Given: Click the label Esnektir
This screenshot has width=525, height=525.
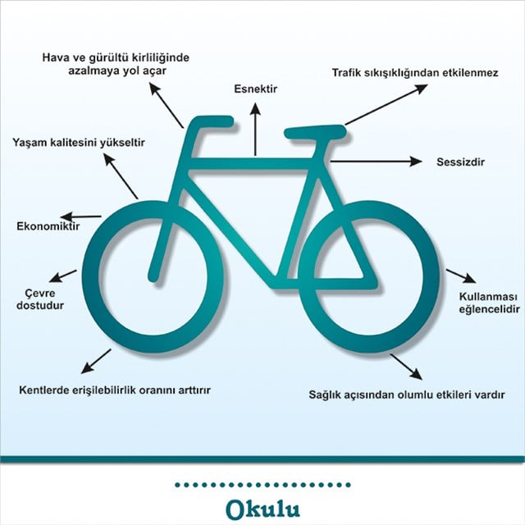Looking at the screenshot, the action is [255, 89].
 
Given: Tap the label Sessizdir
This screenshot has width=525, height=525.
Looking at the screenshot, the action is [460, 162].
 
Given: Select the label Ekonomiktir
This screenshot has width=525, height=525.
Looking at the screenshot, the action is [48, 226].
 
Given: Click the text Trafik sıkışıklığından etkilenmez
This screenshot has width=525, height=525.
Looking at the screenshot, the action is [415, 73].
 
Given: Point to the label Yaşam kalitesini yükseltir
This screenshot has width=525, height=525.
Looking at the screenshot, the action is [79, 143].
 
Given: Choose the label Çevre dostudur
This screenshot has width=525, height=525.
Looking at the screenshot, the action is [40, 299].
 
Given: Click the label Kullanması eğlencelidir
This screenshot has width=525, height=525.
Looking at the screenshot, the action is [489, 303].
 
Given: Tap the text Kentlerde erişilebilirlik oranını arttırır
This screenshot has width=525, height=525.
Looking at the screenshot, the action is [115, 390].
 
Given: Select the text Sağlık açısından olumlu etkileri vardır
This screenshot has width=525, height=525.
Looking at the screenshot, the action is [407, 395].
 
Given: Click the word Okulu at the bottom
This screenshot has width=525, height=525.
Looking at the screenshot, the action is [262, 509].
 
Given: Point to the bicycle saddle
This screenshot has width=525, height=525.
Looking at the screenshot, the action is [315, 131].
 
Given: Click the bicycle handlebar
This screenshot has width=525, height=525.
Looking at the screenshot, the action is [212, 121].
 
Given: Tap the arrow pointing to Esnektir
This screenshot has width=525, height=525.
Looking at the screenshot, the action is [255, 130].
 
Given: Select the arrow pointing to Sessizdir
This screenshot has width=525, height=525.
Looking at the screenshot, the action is [376, 162].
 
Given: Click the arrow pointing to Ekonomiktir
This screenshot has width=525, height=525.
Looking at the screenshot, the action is [80, 217].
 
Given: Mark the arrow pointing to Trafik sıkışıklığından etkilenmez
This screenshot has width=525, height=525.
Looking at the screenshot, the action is [386, 105].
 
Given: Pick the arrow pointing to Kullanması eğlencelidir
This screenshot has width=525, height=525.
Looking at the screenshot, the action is [461, 276].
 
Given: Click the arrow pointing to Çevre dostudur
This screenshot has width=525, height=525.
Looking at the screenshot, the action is [63, 276].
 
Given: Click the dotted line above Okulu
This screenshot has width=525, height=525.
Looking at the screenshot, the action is [262, 485].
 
